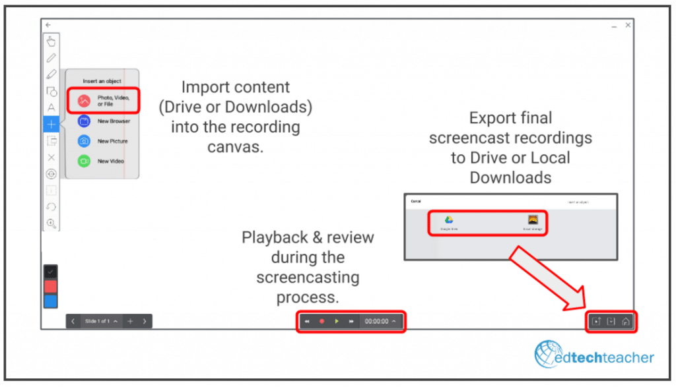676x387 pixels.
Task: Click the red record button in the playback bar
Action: click(x=322, y=321)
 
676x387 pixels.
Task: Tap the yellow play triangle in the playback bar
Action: click(x=337, y=321)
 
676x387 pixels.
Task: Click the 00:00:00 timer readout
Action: click(x=377, y=321)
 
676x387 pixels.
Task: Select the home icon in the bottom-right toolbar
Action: click(x=626, y=322)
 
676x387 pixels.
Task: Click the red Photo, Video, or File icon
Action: click(x=84, y=101)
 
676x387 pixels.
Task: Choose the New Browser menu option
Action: click(x=114, y=121)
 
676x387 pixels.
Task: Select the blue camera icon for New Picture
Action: click(x=84, y=141)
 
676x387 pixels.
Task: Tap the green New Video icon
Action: click(x=84, y=161)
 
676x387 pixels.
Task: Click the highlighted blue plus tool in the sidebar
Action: click(x=51, y=124)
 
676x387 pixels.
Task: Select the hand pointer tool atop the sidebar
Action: click(x=51, y=42)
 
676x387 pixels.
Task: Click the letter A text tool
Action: click(x=51, y=107)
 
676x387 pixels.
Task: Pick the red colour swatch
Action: click(x=51, y=286)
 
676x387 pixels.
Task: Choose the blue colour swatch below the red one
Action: click(x=51, y=301)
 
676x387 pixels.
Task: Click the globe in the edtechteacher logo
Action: click(x=549, y=355)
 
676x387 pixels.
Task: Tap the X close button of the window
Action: click(x=628, y=25)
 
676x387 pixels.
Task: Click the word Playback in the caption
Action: click(x=271, y=238)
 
